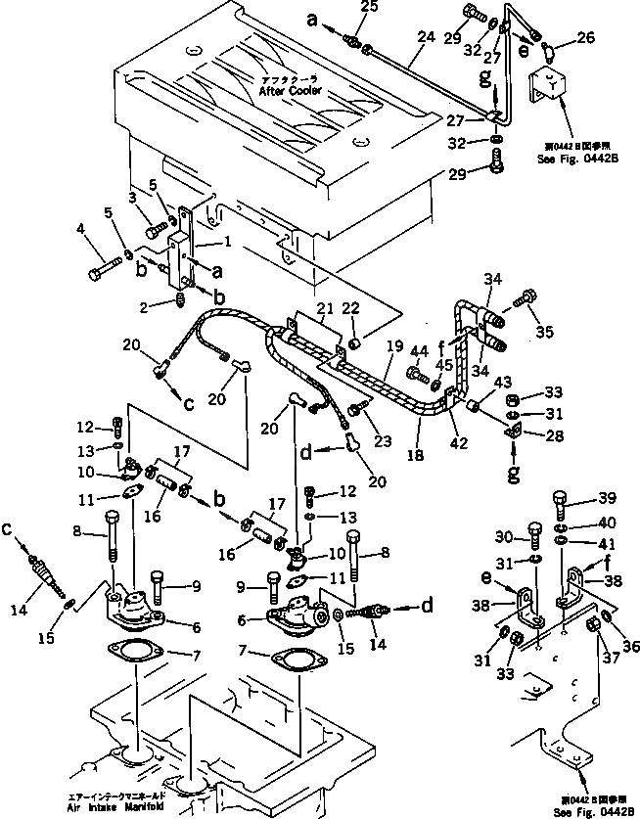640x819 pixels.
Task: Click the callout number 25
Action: (x=369, y=9)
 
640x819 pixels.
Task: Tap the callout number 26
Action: (x=585, y=39)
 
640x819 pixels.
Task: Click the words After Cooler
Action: (x=284, y=90)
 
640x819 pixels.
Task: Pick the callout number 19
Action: (x=393, y=345)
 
